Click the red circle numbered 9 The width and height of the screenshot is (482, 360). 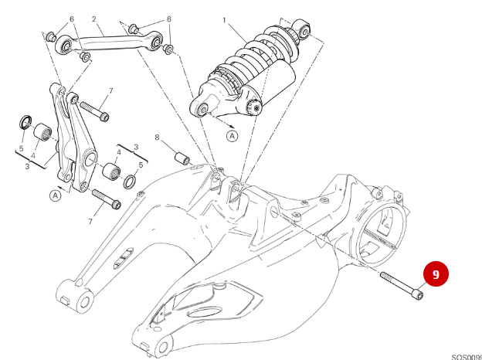[435, 274]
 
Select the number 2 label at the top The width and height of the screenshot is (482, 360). [93, 19]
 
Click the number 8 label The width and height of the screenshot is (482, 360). [156, 138]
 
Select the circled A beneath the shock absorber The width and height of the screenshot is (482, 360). [232, 136]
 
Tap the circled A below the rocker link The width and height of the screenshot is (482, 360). [55, 195]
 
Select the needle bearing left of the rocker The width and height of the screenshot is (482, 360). [44, 132]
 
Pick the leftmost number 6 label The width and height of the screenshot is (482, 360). [71, 19]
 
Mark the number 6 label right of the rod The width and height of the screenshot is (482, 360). [169, 19]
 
